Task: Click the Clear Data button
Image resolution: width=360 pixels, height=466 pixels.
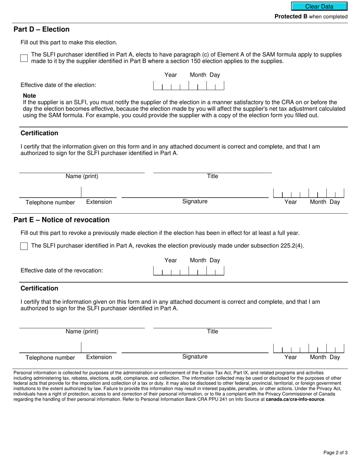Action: (x=319, y=6)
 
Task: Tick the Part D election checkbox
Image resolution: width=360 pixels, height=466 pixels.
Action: (x=24, y=58)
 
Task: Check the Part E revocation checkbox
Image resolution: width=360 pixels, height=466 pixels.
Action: (x=24, y=246)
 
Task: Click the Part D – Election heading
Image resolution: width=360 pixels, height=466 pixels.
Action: (x=42, y=30)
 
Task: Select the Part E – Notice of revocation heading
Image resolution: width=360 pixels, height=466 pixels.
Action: (x=61, y=220)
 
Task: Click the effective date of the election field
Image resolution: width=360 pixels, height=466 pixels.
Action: (x=188, y=86)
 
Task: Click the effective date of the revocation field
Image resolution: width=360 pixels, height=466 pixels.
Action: (x=188, y=271)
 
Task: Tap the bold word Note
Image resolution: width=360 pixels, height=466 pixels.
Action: (x=29, y=96)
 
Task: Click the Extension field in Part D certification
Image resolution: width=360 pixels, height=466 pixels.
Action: (x=99, y=192)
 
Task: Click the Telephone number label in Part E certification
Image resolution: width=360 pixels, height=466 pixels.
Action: (x=50, y=358)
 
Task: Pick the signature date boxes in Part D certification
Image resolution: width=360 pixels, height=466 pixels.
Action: (x=308, y=193)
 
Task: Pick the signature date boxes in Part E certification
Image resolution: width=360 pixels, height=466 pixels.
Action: (x=308, y=349)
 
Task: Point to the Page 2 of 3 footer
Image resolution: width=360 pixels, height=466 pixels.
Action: (x=335, y=452)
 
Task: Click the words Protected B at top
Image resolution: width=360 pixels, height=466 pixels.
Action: (x=291, y=17)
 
